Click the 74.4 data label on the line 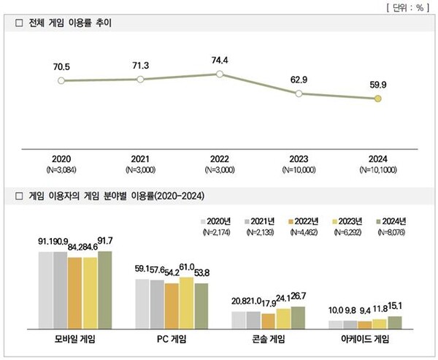(218, 59)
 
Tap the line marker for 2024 (377, 99)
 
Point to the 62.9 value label (298, 80)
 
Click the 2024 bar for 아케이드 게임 (394, 323)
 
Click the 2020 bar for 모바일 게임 (46, 291)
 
